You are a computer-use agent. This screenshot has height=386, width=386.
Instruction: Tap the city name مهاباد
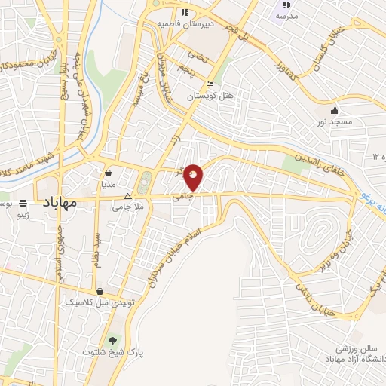tap(55, 203)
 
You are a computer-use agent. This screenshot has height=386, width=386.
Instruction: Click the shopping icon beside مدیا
tap(109, 171)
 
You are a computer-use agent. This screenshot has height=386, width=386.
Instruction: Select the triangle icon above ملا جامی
tap(127, 196)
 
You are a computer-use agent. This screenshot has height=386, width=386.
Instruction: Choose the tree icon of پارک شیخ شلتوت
tap(113, 340)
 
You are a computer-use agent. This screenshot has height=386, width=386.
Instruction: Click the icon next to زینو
tap(23, 203)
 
